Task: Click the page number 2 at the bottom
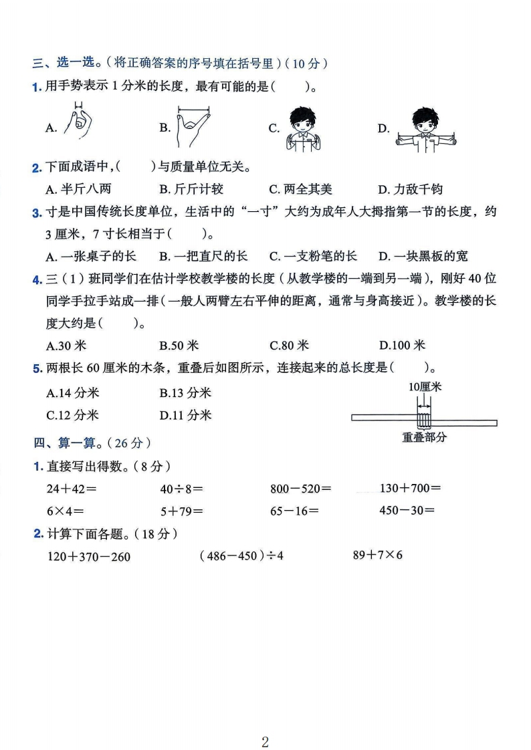[265, 723]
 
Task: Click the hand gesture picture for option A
[78, 120]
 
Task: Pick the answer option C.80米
[289, 346]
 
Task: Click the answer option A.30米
[66, 346]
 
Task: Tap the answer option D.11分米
[185, 415]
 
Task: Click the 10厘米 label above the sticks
[424, 387]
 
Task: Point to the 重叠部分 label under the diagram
[424, 437]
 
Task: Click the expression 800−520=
[300, 489]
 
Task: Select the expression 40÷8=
[181, 489]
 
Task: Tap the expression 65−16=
[294, 511]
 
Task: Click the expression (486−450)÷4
[241, 555]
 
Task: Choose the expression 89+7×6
[378, 555]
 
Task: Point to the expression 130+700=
[410, 488]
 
